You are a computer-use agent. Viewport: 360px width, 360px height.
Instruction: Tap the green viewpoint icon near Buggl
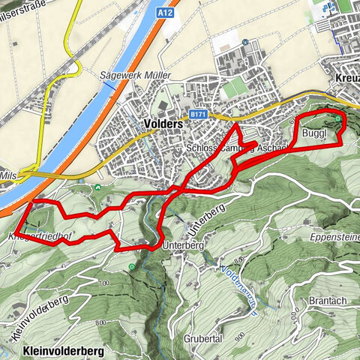click(x=338, y=118)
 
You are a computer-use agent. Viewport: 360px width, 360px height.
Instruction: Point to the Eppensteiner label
click(x=334, y=235)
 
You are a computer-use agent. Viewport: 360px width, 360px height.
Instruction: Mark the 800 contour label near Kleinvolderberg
click(x=100, y=322)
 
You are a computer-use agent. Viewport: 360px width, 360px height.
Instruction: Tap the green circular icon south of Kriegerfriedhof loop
click(x=132, y=266)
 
